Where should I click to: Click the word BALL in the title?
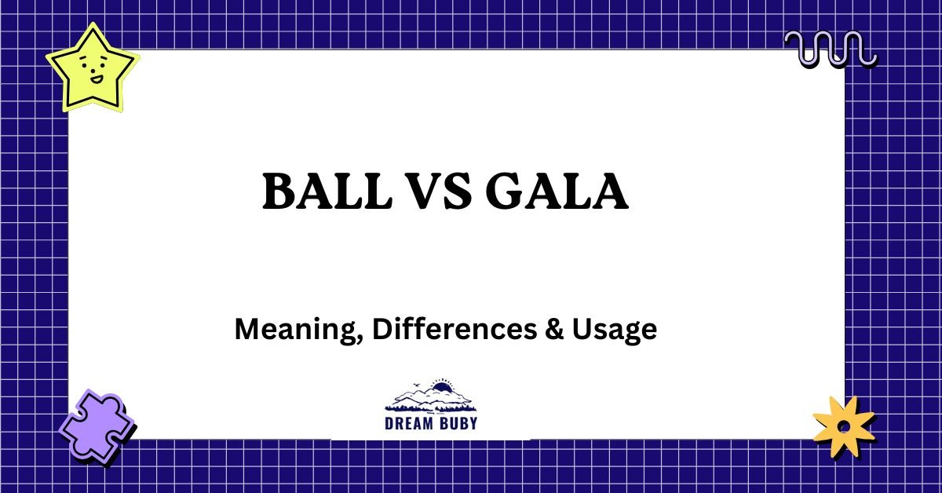[x=325, y=192]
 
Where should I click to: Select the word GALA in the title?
[x=556, y=192]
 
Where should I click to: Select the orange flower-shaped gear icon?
[x=843, y=426]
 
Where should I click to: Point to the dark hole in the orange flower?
[x=843, y=426]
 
